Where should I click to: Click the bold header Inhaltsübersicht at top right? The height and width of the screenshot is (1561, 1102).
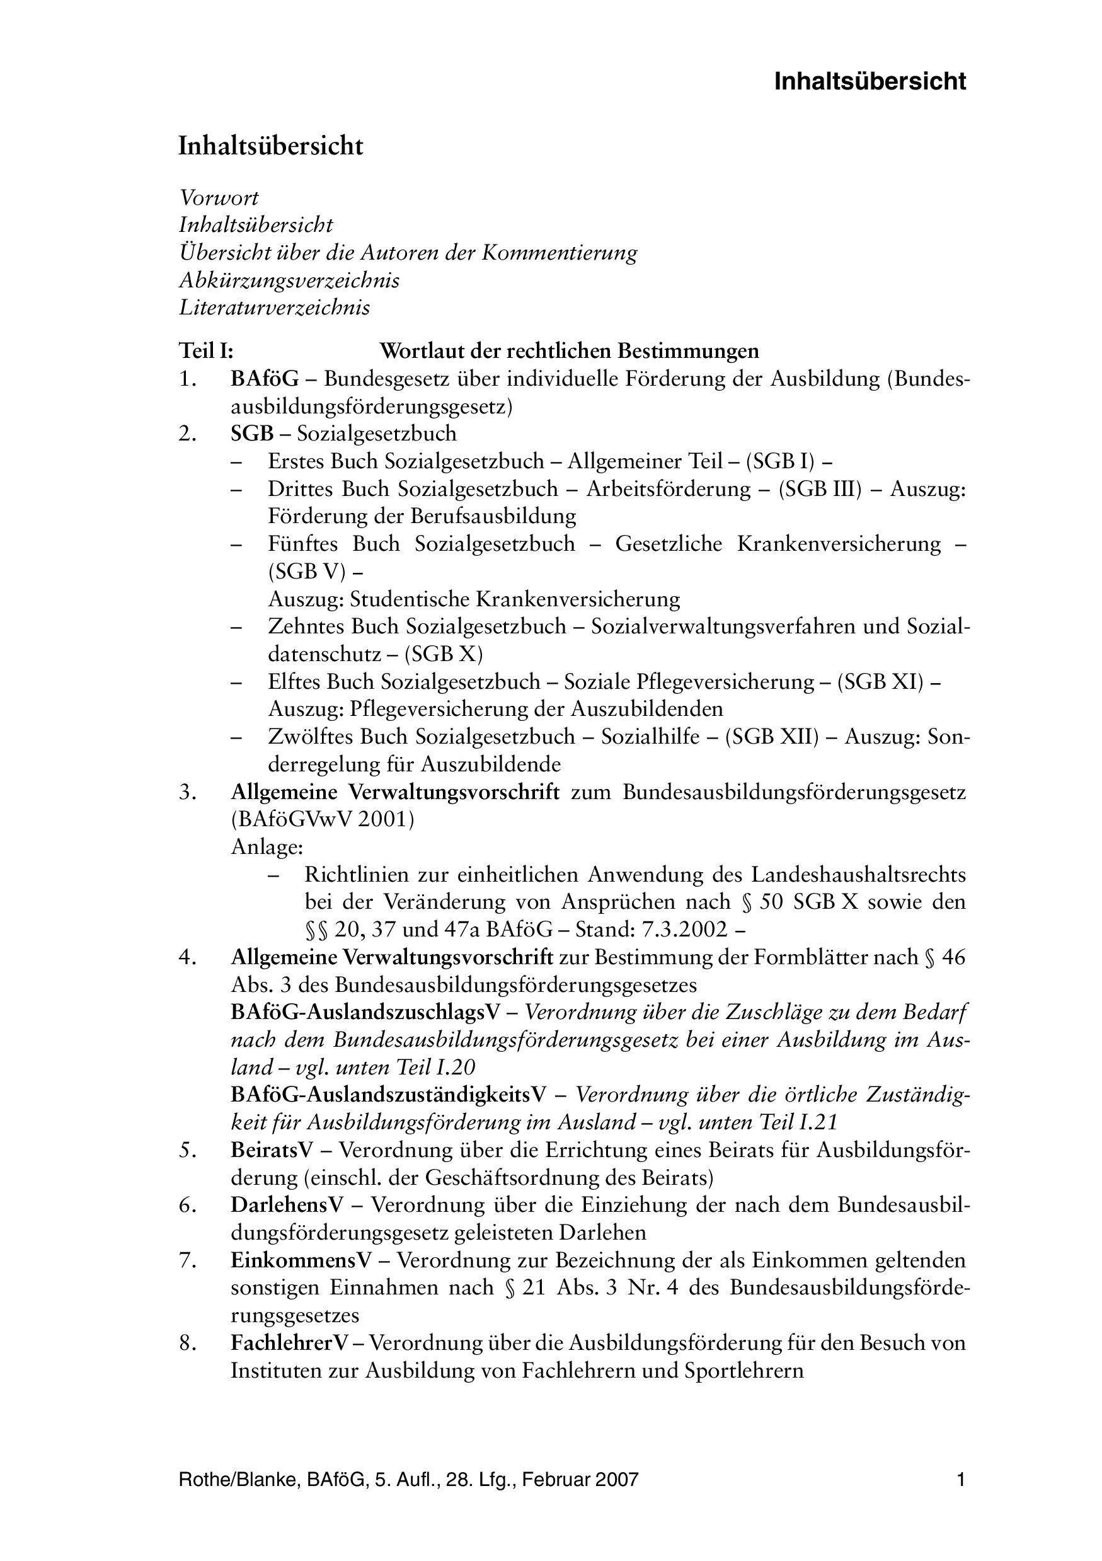click(870, 81)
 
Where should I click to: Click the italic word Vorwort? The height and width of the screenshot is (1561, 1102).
click(218, 198)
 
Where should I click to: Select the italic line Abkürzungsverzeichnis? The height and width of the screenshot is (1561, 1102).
click(289, 280)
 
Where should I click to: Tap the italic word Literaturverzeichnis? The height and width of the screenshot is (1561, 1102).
click(274, 308)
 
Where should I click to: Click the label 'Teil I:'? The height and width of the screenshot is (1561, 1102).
click(206, 352)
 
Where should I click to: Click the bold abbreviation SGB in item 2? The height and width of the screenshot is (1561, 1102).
click(252, 433)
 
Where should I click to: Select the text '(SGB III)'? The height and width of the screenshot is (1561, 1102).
click(820, 489)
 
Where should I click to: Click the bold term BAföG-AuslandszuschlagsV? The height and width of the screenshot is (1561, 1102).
click(365, 1012)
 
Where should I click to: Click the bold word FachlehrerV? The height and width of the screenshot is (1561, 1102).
click(290, 1343)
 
